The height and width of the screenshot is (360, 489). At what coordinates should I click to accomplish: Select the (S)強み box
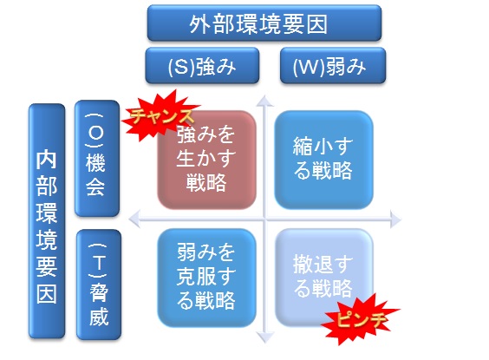click(201, 66)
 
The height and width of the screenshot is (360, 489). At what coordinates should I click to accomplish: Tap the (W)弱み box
click(333, 66)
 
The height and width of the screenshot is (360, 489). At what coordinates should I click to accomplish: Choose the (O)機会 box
click(95, 158)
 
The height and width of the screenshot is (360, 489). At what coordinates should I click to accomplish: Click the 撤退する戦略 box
click(323, 275)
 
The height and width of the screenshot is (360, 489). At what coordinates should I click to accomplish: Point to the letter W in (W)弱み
click(307, 66)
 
